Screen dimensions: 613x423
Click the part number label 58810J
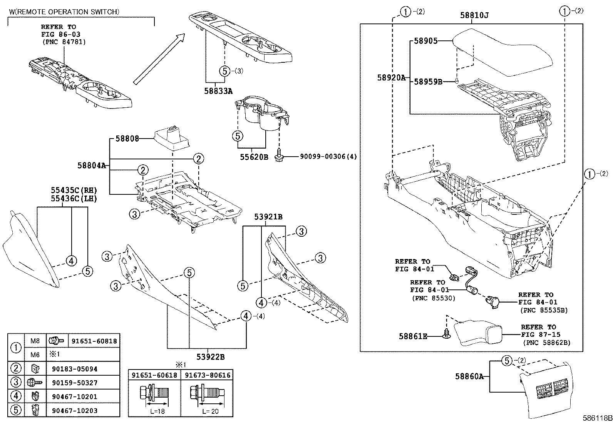[x=474, y=15]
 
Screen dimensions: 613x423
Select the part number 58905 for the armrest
[x=425, y=41]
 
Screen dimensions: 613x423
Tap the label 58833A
[x=218, y=91]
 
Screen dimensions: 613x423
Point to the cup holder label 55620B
[x=254, y=157]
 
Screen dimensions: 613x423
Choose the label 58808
[x=127, y=139]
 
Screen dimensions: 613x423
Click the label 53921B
[x=268, y=217]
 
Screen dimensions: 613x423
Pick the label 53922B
[x=211, y=357]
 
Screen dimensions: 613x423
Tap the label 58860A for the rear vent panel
[x=469, y=376]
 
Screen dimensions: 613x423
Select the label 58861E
[x=413, y=336]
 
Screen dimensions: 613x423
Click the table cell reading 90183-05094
[x=75, y=369]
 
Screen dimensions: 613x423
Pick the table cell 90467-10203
[x=75, y=411]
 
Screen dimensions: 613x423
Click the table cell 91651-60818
[x=94, y=341]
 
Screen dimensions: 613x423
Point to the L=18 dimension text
[x=158, y=411]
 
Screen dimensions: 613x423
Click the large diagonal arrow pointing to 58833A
[x=159, y=59]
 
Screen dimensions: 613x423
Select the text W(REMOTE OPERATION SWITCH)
[x=64, y=12]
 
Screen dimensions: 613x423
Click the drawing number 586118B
[x=598, y=418]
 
